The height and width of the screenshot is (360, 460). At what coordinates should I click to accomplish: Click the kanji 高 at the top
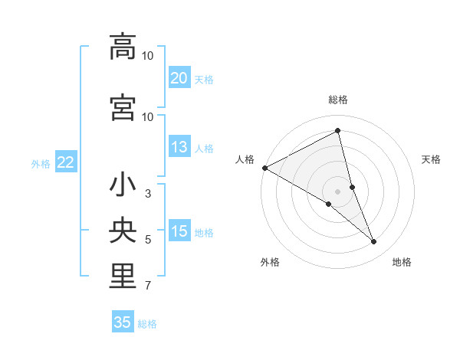[x=123, y=47]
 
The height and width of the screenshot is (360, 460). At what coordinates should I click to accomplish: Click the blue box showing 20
[x=179, y=77]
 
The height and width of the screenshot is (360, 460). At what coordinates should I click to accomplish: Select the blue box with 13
[x=179, y=147]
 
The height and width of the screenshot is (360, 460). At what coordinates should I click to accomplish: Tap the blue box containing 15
[x=179, y=231]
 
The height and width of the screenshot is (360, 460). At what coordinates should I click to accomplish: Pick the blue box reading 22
[x=65, y=162]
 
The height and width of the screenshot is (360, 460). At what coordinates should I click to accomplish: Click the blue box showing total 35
[x=123, y=322]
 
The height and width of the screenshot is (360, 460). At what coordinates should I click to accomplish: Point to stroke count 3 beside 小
[x=148, y=194]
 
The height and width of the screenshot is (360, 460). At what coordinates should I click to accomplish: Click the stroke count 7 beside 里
[x=148, y=286]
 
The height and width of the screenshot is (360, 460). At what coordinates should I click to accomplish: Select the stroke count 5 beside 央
[x=148, y=240]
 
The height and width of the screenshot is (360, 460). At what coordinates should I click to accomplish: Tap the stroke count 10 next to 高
[x=148, y=56]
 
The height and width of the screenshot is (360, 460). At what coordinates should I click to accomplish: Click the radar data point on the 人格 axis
[x=264, y=167]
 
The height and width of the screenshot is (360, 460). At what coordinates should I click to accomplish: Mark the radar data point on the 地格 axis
[x=374, y=242]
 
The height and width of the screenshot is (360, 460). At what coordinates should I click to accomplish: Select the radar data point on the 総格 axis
[x=337, y=131]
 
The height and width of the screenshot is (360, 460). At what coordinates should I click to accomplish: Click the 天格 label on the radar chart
[x=432, y=159]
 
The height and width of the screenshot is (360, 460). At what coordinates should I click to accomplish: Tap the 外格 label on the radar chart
[x=269, y=262]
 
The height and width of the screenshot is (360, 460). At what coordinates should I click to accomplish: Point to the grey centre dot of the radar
[x=337, y=190]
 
